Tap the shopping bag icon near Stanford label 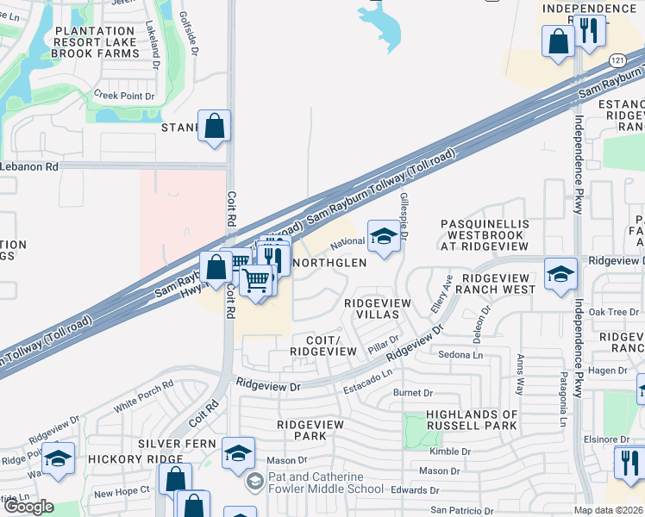pos(215,126)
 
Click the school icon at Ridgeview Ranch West pos(560,274)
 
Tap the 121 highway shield pos(617,60)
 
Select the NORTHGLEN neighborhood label pos(330,262)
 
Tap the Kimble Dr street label pos(450,452)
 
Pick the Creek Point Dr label pos(123,96)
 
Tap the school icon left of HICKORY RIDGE pos(58,458)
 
